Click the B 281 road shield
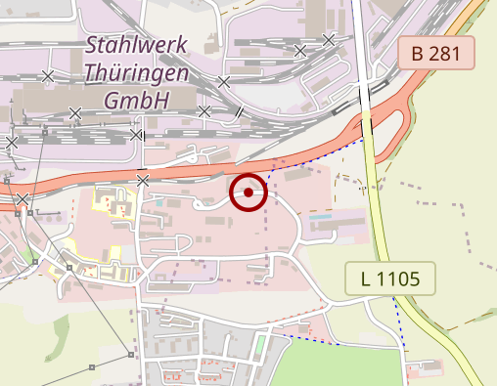point(435,53)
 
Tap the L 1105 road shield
point(390,279)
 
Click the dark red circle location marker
point(248,193)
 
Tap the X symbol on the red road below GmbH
point(143,180)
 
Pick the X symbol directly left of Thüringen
point(48,75)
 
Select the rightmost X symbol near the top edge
point(329,39)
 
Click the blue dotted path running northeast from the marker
point(313,160)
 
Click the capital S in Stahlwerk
point(94,45)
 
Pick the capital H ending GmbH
point(161,100)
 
